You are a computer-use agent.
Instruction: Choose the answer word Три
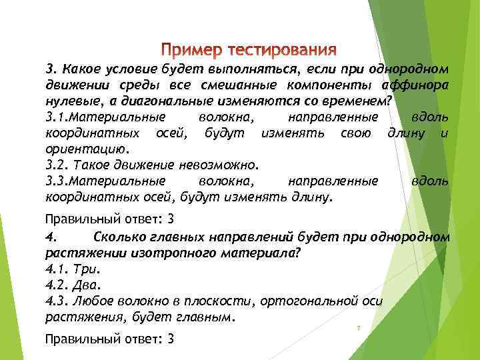(87, 269)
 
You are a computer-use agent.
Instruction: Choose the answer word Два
(87, 285)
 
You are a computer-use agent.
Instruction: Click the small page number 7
(359, 328)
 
